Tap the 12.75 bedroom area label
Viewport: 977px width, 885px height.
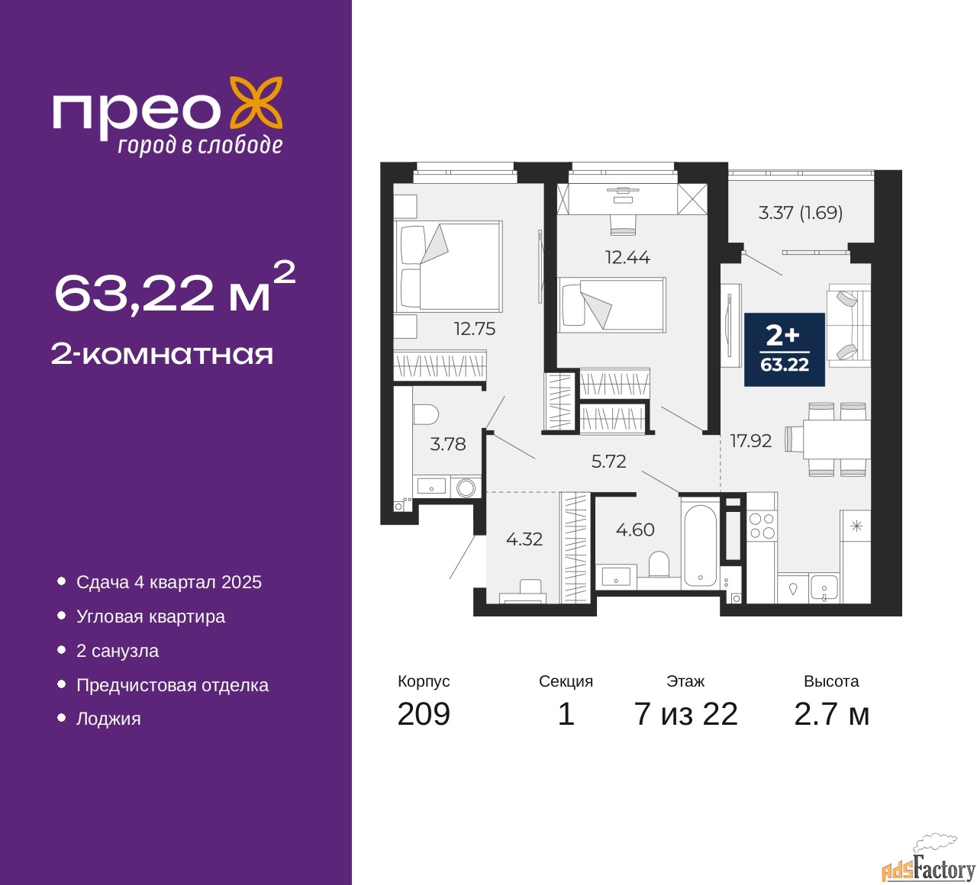coord(474,329)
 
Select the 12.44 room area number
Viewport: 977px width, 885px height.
coord(627,257)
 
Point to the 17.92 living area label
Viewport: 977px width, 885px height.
coord(750,441)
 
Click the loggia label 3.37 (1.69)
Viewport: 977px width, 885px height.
coord(800,213)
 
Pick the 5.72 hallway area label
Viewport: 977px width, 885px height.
coord(608,461)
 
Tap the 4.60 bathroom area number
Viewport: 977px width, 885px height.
coord(635,529)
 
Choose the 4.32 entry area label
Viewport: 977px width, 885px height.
coord(524,539)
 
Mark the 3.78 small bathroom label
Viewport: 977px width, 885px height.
coord(447,444)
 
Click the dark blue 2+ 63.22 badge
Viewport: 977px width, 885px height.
coord(784,349)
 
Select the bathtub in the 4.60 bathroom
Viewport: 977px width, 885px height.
coord(700,545)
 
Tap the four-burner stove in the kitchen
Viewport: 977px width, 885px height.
coord(762,526)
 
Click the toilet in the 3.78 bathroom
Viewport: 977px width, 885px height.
coord(426,414)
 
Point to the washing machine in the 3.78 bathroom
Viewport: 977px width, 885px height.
coord(466,488)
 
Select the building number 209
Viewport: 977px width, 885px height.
coord(423,714)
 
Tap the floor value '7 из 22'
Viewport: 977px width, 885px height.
coord(685,714)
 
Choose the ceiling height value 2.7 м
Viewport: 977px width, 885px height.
coord(831,714)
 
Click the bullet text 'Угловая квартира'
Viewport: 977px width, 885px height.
coord(150,616)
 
